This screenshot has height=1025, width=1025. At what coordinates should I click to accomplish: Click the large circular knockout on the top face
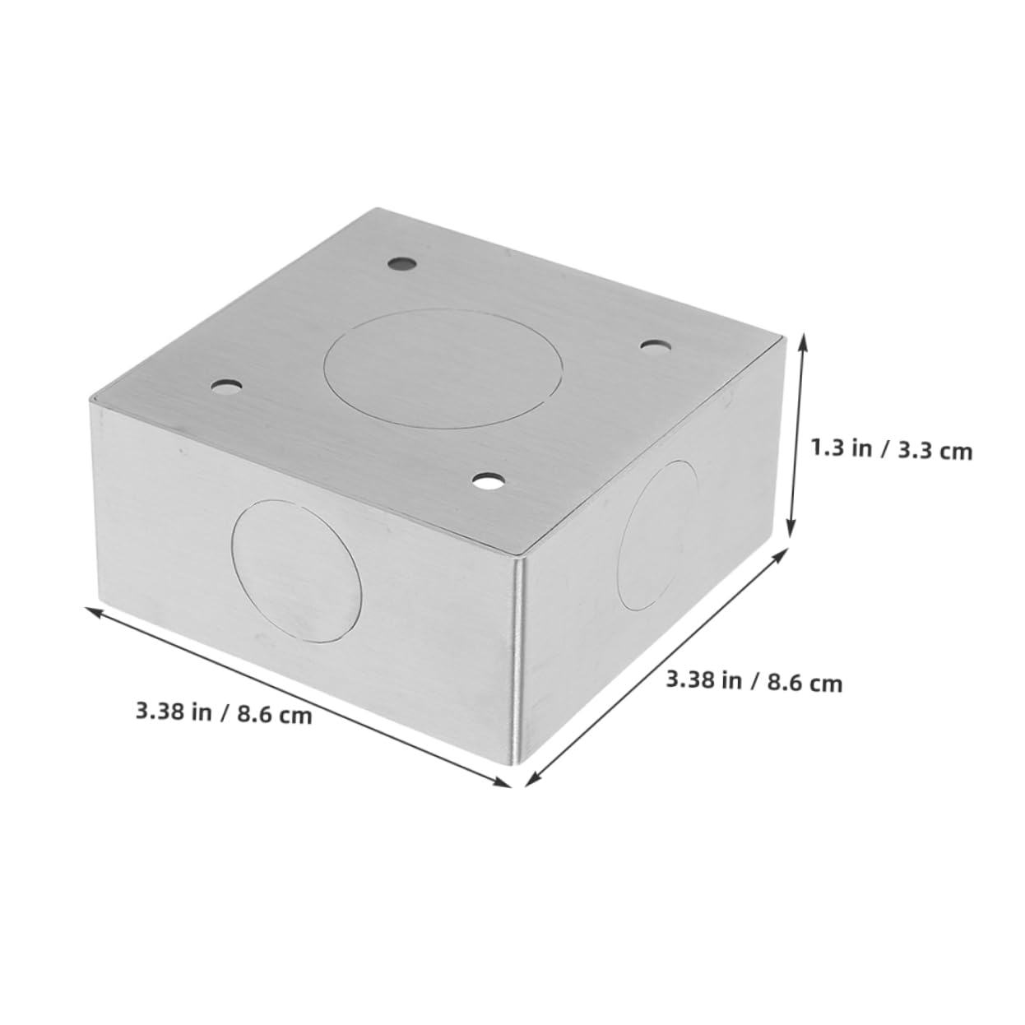point(445,368)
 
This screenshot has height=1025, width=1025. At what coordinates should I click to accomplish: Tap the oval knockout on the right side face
point(657,535)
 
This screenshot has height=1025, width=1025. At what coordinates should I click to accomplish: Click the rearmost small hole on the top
point(401,265)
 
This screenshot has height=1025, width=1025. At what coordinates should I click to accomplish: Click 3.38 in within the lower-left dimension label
point(174,708)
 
